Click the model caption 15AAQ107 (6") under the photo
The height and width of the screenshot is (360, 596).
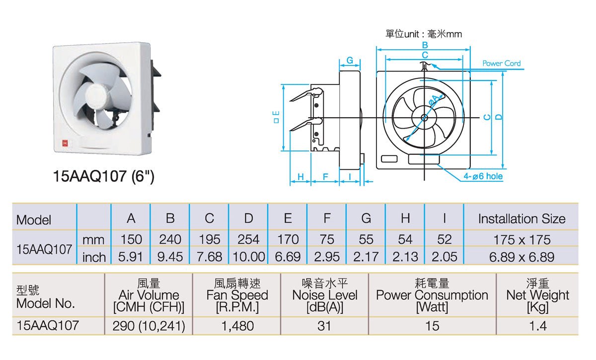point(104,177)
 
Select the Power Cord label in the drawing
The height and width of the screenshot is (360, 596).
point(501,63)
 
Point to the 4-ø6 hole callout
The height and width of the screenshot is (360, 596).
point(483,176)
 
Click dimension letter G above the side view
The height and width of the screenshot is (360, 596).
point(350,60)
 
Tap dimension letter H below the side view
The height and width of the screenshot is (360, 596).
point(300,177)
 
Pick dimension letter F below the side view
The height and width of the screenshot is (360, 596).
point(325,177)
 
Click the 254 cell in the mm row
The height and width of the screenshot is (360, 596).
point(248,239)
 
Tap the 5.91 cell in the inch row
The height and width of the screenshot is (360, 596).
point(131,257)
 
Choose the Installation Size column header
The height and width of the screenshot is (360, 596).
point(521,219)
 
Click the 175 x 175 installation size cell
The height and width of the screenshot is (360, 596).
point(521,239)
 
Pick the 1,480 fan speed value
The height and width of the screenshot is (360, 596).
point(236,326)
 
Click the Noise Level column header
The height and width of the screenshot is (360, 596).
point(324,295)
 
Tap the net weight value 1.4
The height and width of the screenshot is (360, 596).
point(537,326)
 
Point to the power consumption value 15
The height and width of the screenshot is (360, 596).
point(432,326)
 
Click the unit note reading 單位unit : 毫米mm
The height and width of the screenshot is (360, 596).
point(424,34)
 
